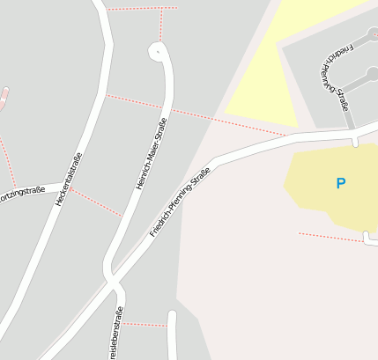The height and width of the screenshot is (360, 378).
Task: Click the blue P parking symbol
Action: [x=340, y=183]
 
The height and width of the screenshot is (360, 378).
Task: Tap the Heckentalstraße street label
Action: [x=69, y=180]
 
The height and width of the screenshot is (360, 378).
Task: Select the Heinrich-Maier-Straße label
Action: [x=151, y=155]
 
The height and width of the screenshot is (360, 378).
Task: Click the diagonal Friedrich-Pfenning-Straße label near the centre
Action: [x=180, y=202]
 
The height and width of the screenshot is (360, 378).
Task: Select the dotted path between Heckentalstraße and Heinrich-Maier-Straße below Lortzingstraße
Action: [x=97, y=202]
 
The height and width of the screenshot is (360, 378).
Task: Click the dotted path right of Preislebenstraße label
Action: [x=145, y=325]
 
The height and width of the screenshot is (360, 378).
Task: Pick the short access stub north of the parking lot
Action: [x=354, y=139]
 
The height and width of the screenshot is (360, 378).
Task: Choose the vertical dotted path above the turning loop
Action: [x=161, y=25]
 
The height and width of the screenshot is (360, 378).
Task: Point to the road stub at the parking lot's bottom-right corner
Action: [x=368, y=238]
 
